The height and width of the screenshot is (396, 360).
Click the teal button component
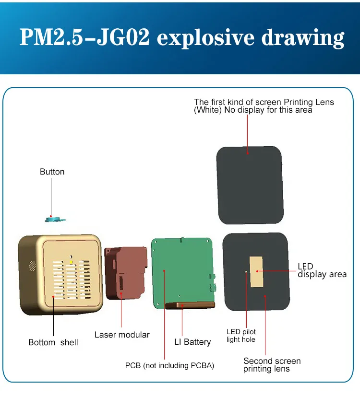55,219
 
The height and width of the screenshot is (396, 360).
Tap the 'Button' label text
52,172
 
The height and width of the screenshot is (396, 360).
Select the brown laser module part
126,273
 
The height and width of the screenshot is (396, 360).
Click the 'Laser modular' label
122,335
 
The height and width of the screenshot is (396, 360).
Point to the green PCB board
183,271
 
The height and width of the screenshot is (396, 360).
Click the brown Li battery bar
190,305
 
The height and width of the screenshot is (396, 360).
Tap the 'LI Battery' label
192,342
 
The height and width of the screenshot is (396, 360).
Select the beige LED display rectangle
256,272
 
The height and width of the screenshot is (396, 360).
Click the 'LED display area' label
322,270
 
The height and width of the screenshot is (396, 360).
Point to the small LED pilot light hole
246,272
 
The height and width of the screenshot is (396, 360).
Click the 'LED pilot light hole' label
241,336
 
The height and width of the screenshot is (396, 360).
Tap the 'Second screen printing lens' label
272,365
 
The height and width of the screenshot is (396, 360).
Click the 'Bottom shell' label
53,342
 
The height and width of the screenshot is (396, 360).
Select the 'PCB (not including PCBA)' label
169,366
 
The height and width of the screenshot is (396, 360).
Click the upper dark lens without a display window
250,185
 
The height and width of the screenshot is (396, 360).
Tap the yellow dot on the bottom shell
72,263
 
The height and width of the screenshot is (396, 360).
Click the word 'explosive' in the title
205,38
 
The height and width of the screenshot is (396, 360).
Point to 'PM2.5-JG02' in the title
84,37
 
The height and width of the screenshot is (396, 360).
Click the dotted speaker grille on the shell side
32,266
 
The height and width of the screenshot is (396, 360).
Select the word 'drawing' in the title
303,38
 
